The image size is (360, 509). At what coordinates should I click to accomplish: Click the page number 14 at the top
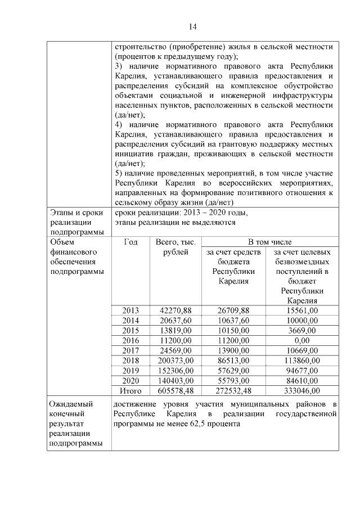pyautogui.click(x=192, y=26)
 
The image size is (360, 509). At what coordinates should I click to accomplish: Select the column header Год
pyautogui.click(x=130, y=242)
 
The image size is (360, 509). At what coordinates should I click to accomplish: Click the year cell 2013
pyautogui.click(x=130, y=310)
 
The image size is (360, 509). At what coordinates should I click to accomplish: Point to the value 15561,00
pyautogui.click(x=301, y=310)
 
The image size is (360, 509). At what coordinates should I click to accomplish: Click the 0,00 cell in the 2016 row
pyautogui.click(x=301, y=341)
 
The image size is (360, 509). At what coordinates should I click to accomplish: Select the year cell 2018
pyautogui.click(x=130, y=361)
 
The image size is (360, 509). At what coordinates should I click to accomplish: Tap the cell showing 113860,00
pyautogui.click(x=301, y=361)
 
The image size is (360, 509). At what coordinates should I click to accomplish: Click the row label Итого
pyautogui.click(x=130, y=390)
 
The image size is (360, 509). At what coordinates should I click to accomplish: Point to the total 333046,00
pyautogui.click(x=301, y=390)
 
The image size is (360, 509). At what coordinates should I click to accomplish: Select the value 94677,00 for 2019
pyautogui.click(x=301, y=371)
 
